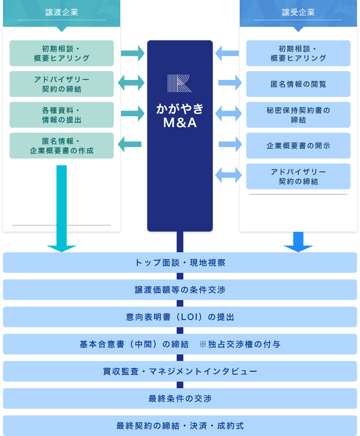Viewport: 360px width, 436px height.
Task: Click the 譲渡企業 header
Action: coord(62,13)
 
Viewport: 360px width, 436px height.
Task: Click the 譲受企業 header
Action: coord(298,13)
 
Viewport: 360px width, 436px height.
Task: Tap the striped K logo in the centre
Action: coord(180,83)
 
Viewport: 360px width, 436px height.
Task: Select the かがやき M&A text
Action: coord(180,115)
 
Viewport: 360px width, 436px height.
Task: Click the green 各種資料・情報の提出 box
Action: coord(62,115)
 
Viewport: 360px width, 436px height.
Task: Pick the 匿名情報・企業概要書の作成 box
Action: coord(62,146)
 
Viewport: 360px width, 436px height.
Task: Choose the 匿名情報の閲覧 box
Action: coord(298,84)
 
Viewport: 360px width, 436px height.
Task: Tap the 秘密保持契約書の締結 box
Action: coord(298,115)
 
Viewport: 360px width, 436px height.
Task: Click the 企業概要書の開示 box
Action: coord(298,146)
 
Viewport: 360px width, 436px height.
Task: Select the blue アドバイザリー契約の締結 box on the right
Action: coord(298,177)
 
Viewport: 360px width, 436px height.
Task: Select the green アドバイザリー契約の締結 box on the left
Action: coord(62,84)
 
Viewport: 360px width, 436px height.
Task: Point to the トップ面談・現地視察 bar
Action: coord(180,263)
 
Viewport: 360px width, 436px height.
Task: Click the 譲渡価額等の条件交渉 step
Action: coord(180,290)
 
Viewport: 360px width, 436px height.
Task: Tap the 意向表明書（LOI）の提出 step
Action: coord(180,317)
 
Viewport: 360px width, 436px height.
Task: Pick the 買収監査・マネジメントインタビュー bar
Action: coord(180,371)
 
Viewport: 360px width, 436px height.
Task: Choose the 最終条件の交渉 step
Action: coord(180,399)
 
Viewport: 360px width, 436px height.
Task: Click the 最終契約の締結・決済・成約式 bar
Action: coord(180,426)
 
